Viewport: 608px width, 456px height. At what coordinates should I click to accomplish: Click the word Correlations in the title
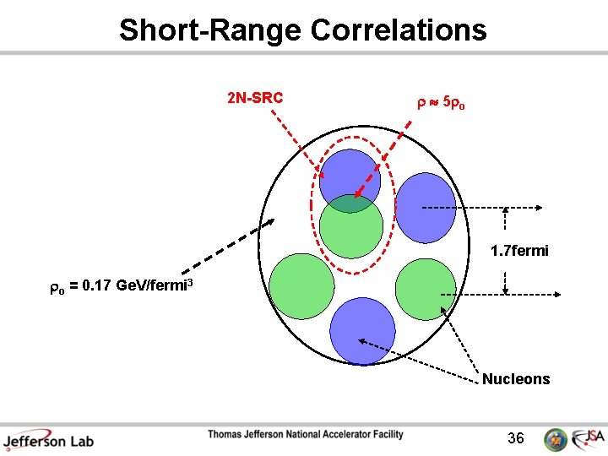click(399, 30)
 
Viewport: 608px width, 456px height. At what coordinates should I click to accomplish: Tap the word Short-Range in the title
click(211, 30)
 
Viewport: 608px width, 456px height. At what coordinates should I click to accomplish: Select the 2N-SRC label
click(255, 99)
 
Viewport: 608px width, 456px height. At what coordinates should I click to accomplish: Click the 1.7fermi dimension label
click(519, 251)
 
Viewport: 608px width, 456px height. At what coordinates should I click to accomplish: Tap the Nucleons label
click(516, 379)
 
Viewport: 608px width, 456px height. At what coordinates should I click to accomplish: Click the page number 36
click(516, 438)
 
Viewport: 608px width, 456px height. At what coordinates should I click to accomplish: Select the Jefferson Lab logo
click(48, 439)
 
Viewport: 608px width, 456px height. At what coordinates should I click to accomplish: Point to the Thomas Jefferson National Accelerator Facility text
click(306, 435)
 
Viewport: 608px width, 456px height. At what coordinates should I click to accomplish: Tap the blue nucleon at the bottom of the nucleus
click(362, 330)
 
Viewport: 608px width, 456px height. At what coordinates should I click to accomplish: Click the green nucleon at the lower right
click(425, 285)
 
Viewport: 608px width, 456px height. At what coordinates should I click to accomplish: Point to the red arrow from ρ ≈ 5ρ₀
click(383, 160)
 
